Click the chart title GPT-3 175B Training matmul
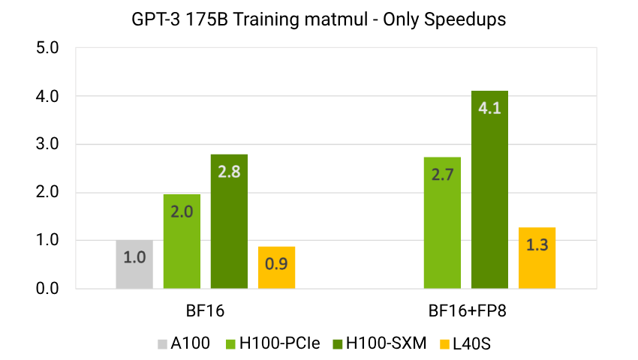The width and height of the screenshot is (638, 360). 318,20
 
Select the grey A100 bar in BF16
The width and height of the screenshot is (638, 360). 134,264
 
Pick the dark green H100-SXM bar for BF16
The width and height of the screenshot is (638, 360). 229,221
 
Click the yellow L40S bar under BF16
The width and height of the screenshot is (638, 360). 276,267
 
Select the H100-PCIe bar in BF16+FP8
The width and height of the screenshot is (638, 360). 442,223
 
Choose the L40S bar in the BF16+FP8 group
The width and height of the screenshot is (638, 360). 537,257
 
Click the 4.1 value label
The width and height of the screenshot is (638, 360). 489,107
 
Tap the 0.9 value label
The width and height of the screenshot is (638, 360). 276,263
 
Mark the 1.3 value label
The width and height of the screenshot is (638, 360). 537,244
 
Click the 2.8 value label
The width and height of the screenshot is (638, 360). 229,171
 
